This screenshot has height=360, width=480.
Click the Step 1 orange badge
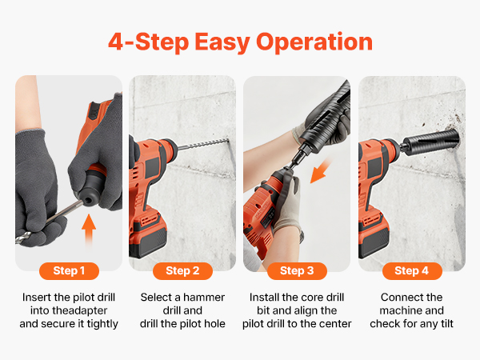[x=69, y=271]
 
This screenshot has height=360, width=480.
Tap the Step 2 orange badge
[x=182, y=271]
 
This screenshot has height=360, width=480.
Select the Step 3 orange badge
[x=297, y=271]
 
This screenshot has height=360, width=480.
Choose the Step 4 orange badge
[x=412, y=271]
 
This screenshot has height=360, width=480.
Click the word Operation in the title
[x=314, y=42]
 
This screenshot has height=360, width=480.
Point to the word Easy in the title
[x=222, y=42]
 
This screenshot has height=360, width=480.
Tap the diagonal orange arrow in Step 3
[x=321, y=171]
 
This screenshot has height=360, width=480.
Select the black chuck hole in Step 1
[x=89, y=201]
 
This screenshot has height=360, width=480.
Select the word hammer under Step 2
[x=204, y=298]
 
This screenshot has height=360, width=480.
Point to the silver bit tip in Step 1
[x=23, y=238]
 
